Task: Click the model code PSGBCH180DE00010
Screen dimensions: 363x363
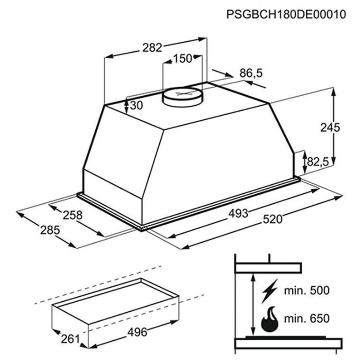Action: click(x=286, y=15)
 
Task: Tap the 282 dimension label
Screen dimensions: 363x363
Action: click(x=152, y=48)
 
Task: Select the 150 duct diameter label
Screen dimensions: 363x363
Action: click(x=183, y=59)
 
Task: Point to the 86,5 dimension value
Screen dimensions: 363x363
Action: click(x=251, y=73)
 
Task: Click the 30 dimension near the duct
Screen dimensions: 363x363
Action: click(x=137, y=106)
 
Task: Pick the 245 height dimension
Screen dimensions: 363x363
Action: click(x=330, y=128)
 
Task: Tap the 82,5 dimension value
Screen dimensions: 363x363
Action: click(x=319, y=162)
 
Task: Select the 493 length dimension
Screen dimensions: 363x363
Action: click(x=238, y=213)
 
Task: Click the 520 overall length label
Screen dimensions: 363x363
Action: click(x=273, y=219)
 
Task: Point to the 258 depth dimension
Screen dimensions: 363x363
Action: click(x=73, y=215)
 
